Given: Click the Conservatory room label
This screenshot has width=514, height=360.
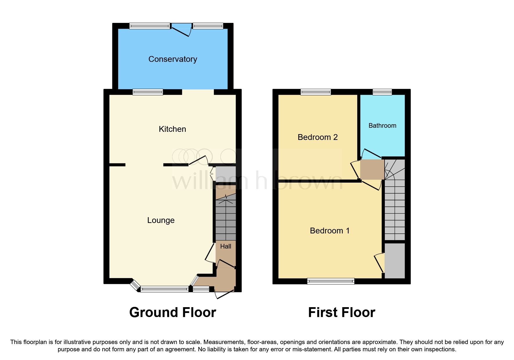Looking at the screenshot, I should (x=173, y=59).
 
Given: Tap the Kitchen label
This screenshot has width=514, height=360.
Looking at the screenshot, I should (x=172, y=129).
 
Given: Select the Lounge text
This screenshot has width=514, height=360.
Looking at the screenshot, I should (x=161, y=220).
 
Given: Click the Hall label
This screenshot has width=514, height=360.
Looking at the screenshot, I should (x=226, y=246).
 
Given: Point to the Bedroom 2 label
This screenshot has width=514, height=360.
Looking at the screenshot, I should (x=318, y=137).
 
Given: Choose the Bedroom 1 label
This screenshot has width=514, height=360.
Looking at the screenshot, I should (x=329, y=231).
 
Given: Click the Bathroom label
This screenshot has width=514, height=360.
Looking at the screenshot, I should (x=382, y=126).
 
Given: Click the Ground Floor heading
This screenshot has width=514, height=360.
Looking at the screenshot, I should (x=173, y=313).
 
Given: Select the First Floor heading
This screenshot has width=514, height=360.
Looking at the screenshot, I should (x=342, y=313).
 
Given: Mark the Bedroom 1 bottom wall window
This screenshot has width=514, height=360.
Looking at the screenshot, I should (x=331, y=281).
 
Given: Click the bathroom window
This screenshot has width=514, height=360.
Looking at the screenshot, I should (x=382, y=92).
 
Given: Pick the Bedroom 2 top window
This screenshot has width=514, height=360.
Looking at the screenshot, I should (x=316, y=92).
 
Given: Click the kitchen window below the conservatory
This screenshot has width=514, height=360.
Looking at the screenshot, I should (x=148, y=92).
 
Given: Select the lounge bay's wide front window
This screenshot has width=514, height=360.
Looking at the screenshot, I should (x=164, y=289).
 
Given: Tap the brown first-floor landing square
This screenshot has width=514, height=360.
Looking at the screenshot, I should (x=372, y=169).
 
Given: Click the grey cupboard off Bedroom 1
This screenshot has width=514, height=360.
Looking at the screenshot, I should (x=395, y=261).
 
